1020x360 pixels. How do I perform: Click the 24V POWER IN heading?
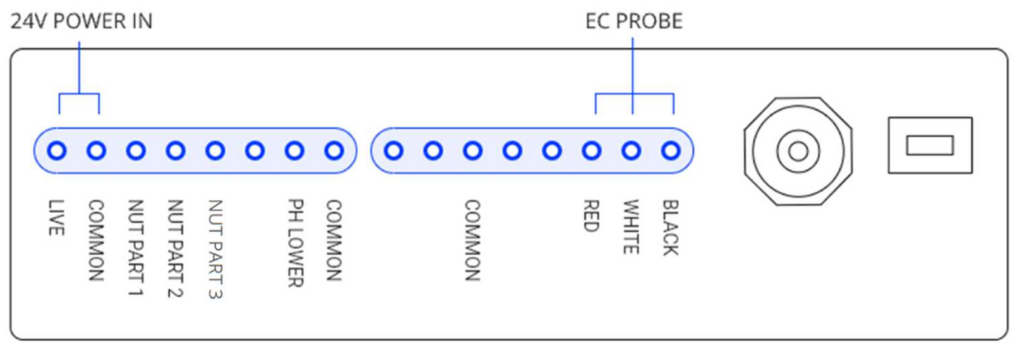80,22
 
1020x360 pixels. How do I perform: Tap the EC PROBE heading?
634,22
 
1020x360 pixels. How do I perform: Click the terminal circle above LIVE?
57,150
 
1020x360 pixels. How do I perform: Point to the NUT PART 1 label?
136,248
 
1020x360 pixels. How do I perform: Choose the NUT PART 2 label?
175,248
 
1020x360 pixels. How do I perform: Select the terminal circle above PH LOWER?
295,150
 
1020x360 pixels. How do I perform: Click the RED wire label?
592,215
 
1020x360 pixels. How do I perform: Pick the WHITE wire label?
631,227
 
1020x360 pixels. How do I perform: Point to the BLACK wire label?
671,227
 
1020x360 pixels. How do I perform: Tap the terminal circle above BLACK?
671,150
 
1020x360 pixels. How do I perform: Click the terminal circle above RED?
592,150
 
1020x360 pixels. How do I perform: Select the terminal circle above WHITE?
631,150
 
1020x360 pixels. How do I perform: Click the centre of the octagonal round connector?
798,150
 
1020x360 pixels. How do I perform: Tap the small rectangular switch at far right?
930,145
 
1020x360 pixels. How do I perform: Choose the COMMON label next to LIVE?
97,240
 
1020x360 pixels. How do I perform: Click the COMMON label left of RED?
472,240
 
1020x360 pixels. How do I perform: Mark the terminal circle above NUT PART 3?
215,150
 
